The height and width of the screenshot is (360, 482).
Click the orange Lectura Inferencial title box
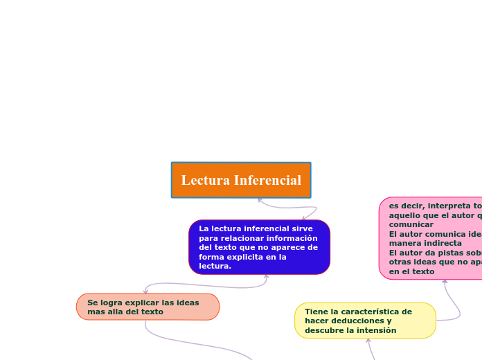pos(241,180)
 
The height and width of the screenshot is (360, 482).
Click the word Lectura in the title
pos(206,181)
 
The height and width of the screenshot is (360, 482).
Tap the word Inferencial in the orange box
pos(267,181)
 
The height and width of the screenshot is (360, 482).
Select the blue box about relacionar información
pos(259,247)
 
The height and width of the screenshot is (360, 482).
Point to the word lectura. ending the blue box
pos(215,267)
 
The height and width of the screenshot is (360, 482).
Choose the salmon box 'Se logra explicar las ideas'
pos(148,307)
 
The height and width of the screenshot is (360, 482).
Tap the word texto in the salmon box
pos(152,312)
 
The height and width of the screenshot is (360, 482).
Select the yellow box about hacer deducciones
pos(365,321)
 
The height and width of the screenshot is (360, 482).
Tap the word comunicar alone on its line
pos(411,225)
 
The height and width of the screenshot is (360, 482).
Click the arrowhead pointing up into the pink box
pos(445,281)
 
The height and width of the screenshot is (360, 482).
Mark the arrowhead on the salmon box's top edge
pos(145,291)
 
